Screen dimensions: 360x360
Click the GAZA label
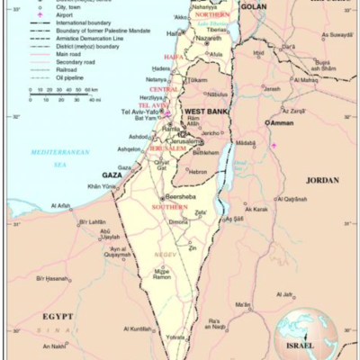click(112, 175)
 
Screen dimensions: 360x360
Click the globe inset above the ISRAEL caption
click(301, 328)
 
